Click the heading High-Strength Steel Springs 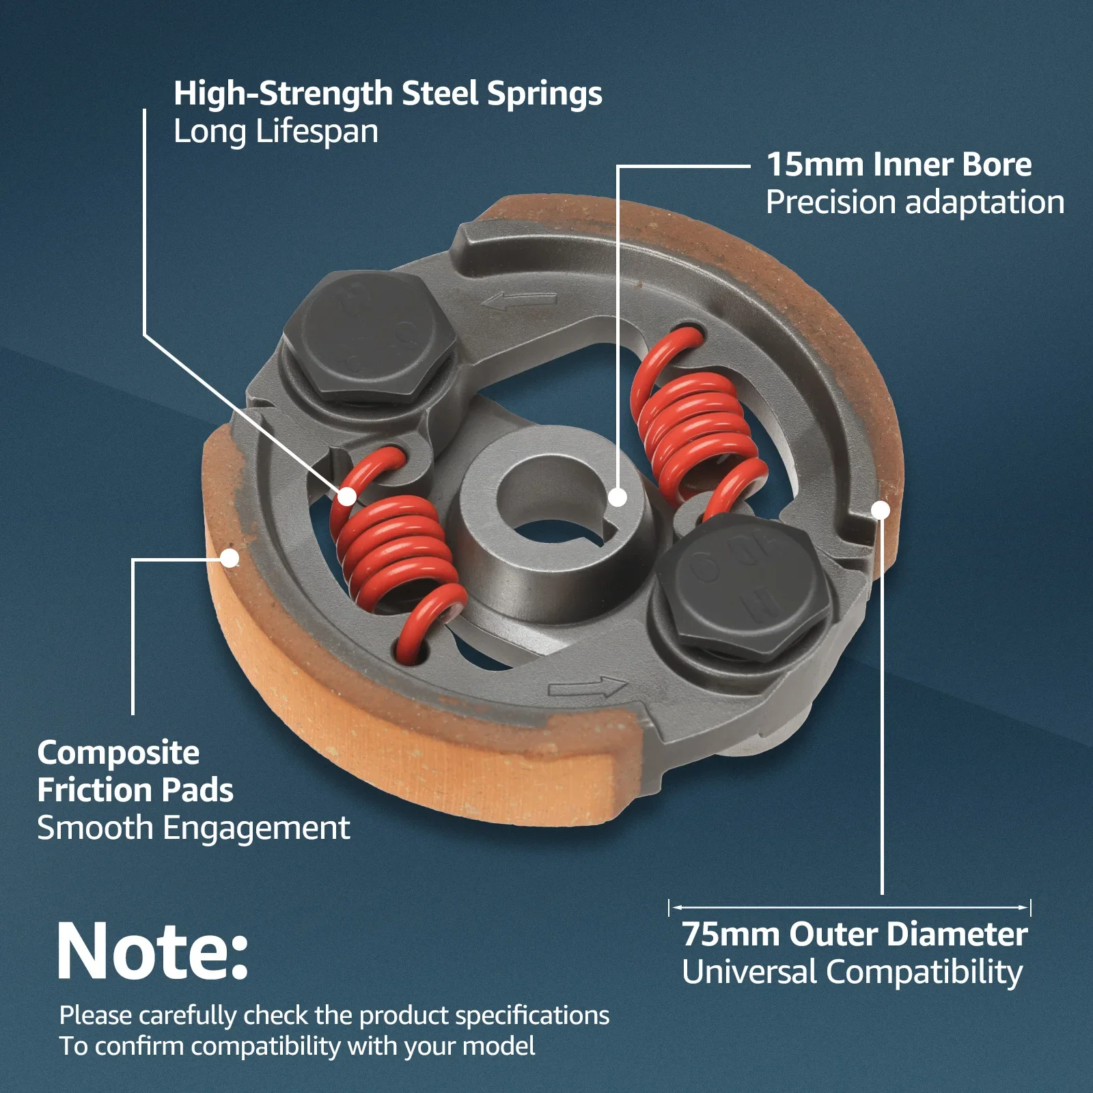click(x=388, y=94)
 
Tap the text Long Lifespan click(x=276, y=132)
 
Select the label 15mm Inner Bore click(x=899, y=165)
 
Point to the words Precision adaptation click(x=915, y=203)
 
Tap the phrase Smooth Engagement click(x=194, y=829)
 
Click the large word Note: click(x=153, y=952)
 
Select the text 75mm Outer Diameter click(x=855, y=935)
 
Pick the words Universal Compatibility click(x=853, y=973)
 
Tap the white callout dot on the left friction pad click(x=230, y=558)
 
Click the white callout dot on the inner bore click(x=618, y=497)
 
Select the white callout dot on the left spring click(x=347, y=497)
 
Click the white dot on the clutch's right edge click(x=881, y=510)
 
